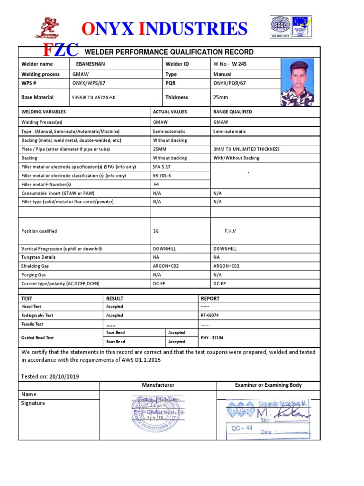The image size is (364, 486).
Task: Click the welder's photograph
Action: tap(297, 82)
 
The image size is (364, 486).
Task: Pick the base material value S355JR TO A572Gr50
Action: tap(93, 98)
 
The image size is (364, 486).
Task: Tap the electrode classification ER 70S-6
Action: tap(163, 176)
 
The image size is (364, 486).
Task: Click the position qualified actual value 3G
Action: tap(156, 231)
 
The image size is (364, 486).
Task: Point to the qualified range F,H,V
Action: tap(230, 231)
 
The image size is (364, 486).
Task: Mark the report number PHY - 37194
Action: tap(212, 337)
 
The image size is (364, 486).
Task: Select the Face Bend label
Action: tap(115, 333)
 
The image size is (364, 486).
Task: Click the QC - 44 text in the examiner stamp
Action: tap(242, 428)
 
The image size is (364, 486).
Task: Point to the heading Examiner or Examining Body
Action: tap(268, 385)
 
